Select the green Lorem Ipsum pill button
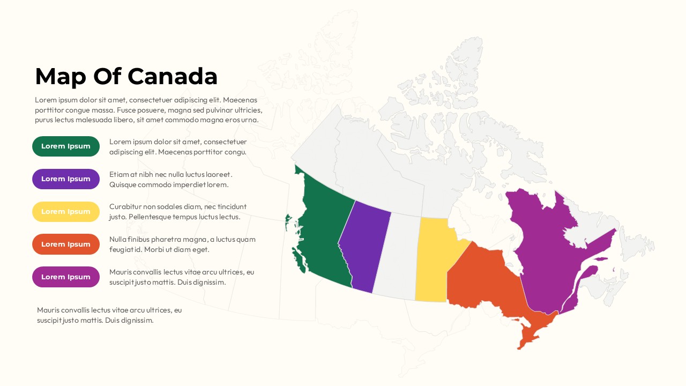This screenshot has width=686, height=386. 66,146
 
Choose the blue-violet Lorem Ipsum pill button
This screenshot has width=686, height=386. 66,179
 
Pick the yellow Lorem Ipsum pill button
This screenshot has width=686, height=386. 66,212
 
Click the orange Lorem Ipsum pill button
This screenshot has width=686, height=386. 66,244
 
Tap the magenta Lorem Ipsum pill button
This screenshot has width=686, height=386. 66,277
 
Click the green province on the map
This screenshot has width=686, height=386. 322,231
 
